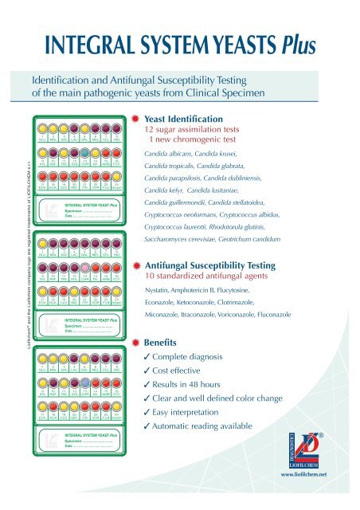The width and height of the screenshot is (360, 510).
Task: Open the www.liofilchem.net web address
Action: click(323, 497)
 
